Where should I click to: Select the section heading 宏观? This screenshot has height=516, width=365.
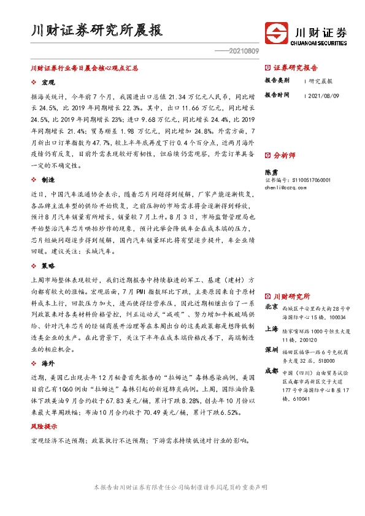click(x=48, y=82)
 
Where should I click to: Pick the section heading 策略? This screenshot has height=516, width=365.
click(x=48, y=267)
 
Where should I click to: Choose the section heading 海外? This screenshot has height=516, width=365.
click(x=48, y=364)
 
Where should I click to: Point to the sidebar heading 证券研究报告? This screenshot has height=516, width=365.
click(x=295, y=68)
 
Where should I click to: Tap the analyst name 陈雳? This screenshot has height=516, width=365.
click(x=271, y=172)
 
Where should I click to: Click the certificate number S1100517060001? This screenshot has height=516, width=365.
click(x=310, y=180)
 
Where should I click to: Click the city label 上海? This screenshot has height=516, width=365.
click(x=271, y=328)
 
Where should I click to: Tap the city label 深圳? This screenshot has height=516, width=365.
click(x=271, y=349)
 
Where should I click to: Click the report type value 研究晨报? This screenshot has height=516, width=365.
click(x=321, y=80)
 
